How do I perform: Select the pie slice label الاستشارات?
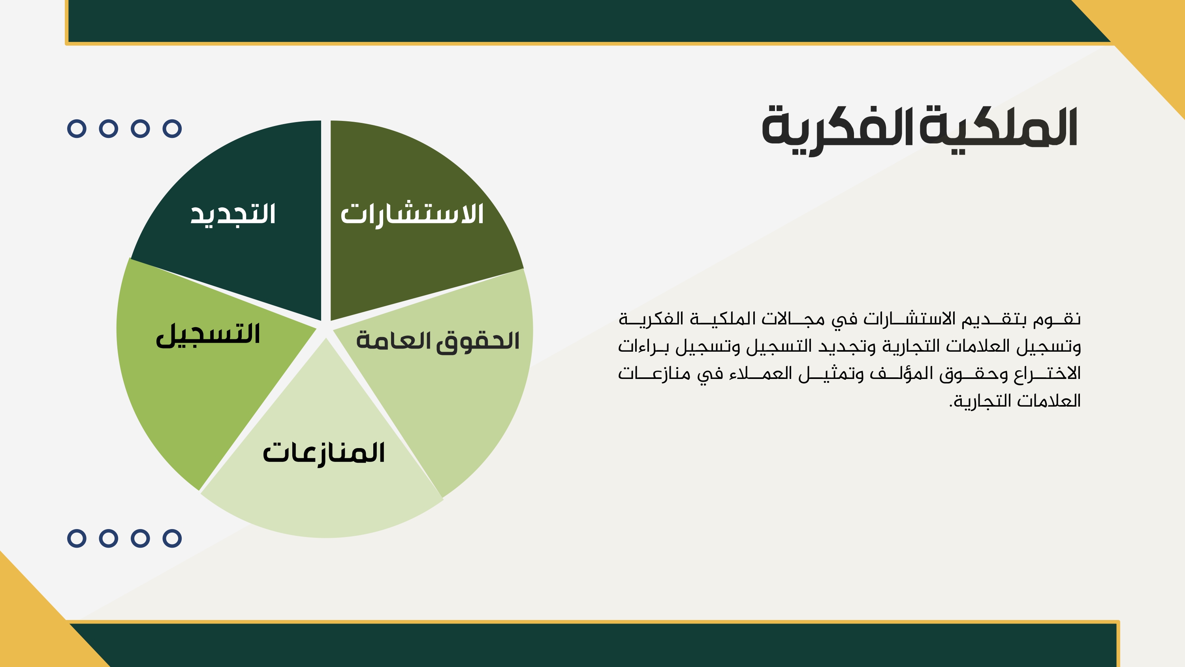tap(412, 215)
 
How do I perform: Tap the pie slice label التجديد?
tap(233, 214)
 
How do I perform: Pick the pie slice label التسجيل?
tap(208, 335)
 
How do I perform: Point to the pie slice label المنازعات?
tap(324, 453)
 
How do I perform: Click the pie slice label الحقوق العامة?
tap(438, 341)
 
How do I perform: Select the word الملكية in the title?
tap(998, 126)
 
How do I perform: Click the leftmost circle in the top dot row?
tap(77, 128)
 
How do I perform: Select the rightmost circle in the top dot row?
tap(172, 128)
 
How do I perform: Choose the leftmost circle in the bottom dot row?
tap(77, 538)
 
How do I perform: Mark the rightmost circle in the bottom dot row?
tap(172, 538)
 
